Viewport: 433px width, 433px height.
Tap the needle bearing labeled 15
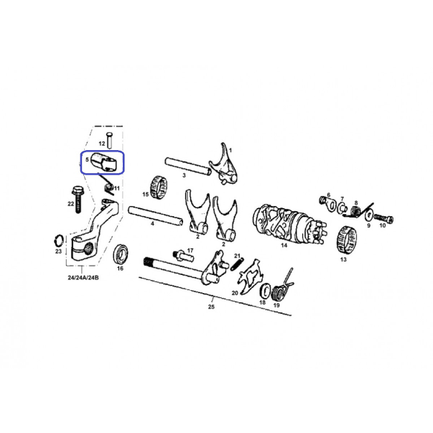(x=159, y=187)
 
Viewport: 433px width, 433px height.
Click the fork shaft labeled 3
(x=188, y=166)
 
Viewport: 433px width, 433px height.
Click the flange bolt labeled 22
(x=77, y=200)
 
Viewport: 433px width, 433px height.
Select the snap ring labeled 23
(x=59, y=241)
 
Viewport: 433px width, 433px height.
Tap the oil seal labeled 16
(x=121, y=255)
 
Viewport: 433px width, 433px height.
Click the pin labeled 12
(x=109, y=140)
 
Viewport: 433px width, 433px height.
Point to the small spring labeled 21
(x=238, y=264)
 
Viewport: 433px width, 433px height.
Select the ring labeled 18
(x=266, y=291)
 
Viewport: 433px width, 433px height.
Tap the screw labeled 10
(x=383, y=219)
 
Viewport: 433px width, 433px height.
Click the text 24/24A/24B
(x=83, y=277)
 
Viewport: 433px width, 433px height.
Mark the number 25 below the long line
(x=211, y=307)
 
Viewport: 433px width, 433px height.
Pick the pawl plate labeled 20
(x=251, y=276)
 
